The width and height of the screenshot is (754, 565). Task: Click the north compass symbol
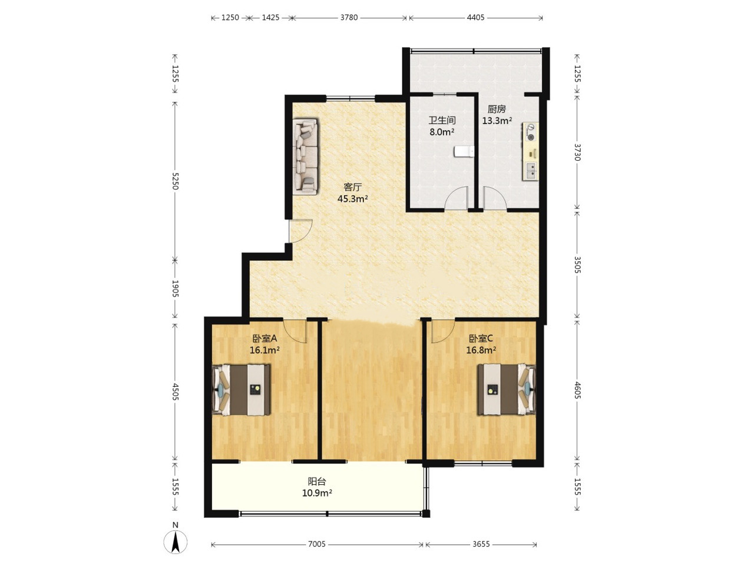175,543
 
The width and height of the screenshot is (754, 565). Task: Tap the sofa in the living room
305,157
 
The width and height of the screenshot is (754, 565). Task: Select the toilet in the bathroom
464,151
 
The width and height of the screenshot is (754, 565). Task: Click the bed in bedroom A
242,390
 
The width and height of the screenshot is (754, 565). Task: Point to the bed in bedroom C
507,389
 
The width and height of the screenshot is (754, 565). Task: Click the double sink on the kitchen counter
531,171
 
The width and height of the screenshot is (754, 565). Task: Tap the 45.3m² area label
353,198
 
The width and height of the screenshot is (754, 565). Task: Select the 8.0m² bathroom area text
442,132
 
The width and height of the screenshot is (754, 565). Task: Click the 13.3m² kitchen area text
497,121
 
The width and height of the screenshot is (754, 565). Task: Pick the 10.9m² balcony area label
317,493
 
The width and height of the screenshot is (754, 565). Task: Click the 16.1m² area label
264,350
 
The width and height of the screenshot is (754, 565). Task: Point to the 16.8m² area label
481,350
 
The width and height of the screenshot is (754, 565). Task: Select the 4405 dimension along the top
475,18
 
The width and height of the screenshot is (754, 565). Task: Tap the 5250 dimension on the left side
175,181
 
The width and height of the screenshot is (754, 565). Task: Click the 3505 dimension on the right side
577,265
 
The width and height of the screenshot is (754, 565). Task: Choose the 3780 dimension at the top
349,18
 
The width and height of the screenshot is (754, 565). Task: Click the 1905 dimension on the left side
175,288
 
